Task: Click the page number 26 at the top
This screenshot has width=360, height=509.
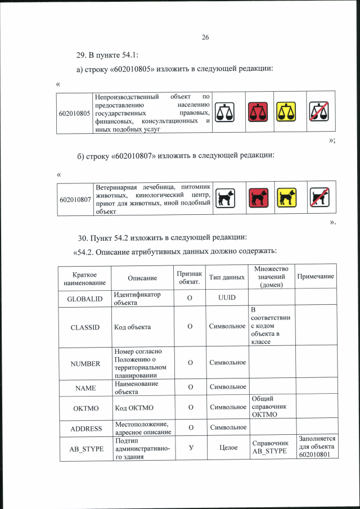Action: (205, 37)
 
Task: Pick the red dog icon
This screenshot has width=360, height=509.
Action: (258, 198)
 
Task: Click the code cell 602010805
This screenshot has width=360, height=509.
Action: (75, 113)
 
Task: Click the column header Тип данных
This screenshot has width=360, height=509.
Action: (227, 277)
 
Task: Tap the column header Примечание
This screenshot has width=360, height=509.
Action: (315, 277)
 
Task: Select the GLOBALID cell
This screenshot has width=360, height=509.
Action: (85, 299)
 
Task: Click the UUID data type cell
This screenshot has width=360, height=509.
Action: (227, 297)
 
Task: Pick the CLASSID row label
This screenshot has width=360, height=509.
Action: (85, 326)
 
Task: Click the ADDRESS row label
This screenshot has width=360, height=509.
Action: (85, 429)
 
